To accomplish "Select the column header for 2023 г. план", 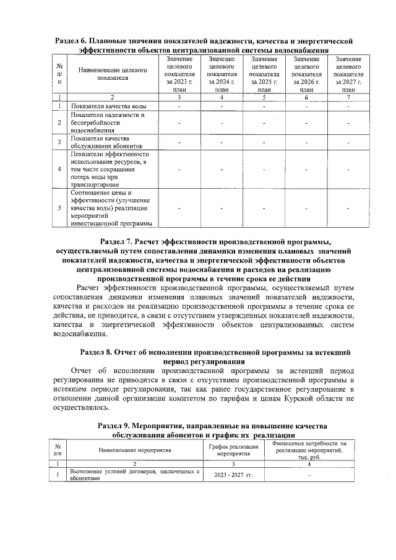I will [179, 74].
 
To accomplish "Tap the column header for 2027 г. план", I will [348, 74].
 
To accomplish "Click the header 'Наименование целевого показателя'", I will [112, 74].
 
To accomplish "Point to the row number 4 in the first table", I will [59, 168].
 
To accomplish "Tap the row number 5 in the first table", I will [59, 208].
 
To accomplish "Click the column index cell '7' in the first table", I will [348, 97].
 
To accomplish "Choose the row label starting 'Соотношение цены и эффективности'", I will [108, 208].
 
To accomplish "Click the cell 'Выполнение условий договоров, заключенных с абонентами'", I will [134, 475].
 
